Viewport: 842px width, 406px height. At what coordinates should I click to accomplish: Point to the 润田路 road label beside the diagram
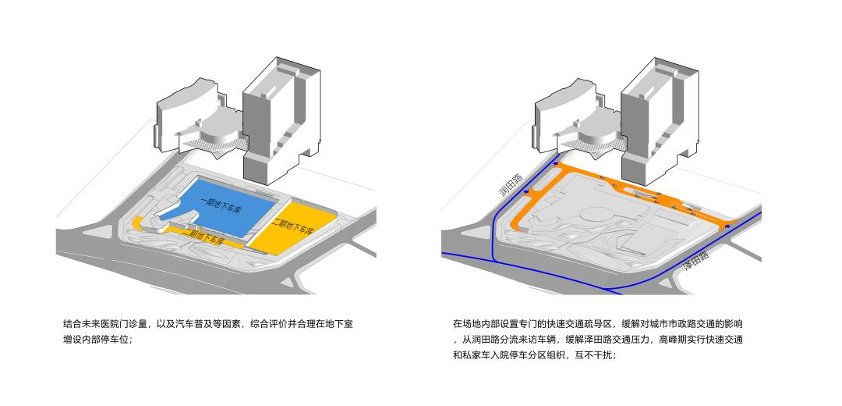point(511,185)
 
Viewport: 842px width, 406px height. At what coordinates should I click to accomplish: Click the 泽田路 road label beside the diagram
point(696,260)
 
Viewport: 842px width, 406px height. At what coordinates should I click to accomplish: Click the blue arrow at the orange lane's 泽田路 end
point(727,226)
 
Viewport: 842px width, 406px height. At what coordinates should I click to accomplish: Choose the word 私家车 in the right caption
point(479,355)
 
